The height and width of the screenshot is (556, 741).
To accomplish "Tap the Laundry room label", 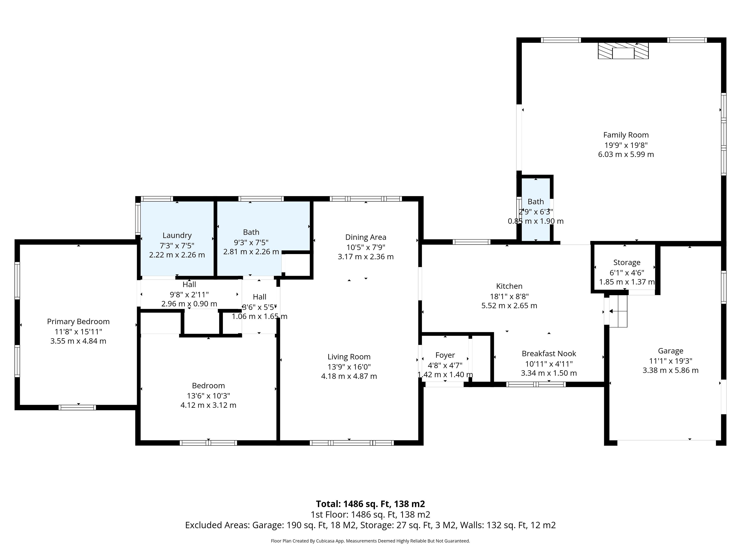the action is point(177,235).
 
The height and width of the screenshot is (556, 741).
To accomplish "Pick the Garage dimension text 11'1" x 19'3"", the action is point(670,361).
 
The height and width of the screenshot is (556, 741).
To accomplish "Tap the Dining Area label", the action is point(366,237).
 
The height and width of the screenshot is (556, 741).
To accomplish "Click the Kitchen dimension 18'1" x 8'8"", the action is point(509,296).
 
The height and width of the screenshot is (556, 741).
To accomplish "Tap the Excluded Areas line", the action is point(370,525).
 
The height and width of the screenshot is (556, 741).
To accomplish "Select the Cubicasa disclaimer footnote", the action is point(370,541).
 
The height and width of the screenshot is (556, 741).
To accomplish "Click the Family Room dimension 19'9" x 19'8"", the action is point(626,145).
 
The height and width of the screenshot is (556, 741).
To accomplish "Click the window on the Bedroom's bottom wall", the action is point(208,443).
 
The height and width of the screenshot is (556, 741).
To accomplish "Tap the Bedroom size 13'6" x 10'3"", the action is point(208,395).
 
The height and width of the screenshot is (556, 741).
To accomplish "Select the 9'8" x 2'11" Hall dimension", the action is point(189,295).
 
